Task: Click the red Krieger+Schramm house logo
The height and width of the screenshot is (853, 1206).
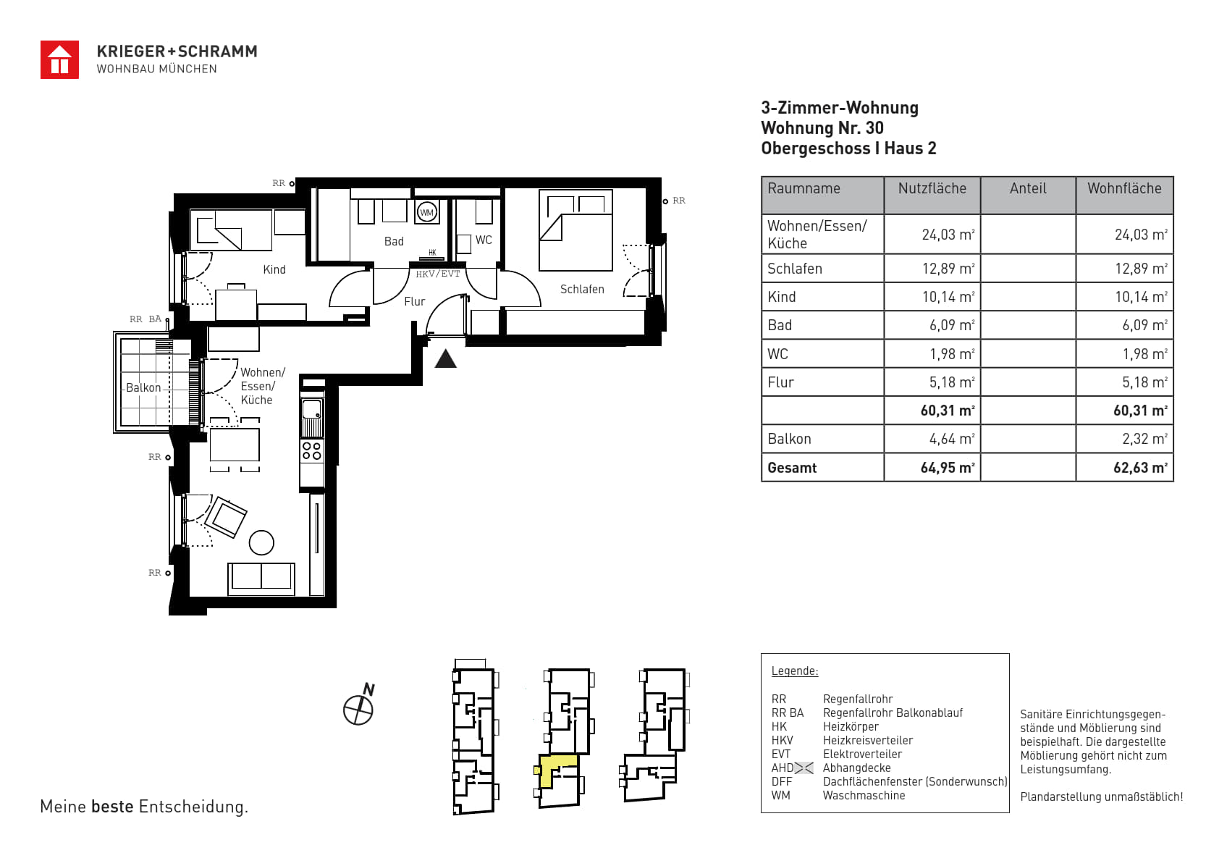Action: point(59,59)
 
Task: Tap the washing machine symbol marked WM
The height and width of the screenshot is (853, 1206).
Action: point(426,212)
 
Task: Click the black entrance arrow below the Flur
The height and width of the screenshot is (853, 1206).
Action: point(445,358)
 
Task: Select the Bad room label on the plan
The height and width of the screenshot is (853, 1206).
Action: point(394,241)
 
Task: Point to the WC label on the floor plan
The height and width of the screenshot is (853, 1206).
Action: point(484,240)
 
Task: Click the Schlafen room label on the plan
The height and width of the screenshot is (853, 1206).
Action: point(582,289)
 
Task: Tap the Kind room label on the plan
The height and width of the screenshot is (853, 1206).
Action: point(274,269)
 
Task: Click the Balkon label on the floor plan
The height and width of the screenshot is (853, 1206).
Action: point(143,387)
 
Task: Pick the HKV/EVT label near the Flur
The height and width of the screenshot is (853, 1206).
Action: point(438,274)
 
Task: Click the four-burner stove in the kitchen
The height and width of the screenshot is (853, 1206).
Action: point(312,450)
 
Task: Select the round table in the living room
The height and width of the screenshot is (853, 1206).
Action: point(261,542)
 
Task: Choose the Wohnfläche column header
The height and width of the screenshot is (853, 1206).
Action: point(1124,188)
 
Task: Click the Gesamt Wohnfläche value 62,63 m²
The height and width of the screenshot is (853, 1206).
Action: point(1140,468)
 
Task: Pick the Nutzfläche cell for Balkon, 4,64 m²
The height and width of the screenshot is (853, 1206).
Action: point(951,439)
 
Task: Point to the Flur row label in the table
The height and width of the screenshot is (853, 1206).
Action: point(780,382)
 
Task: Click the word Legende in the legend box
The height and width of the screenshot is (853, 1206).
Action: point(795,671)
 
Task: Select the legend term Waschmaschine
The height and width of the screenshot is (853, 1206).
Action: point(864,795)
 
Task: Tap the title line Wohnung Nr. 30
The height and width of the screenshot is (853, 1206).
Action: point(822,128)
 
